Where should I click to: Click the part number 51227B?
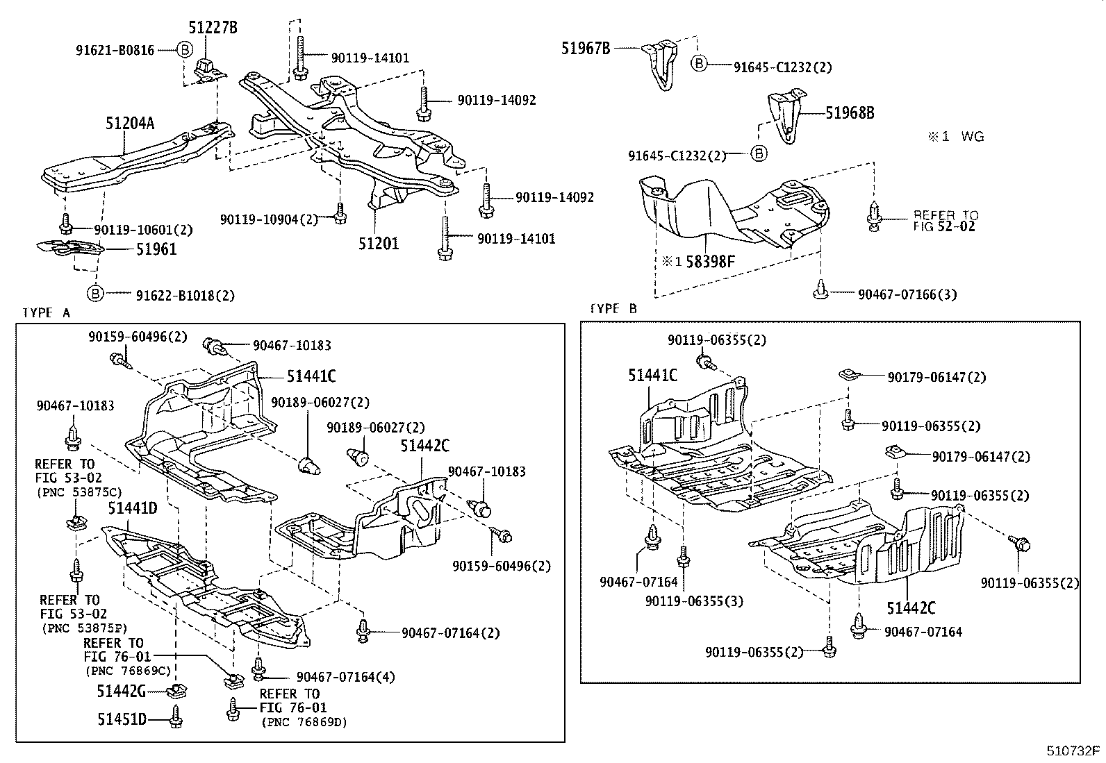(213, 28)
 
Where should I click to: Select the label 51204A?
(130, 124)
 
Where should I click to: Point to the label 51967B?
(586, 48)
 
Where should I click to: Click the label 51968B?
(850, 113)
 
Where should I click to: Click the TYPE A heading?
(47, 312)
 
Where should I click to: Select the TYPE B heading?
(613, 308)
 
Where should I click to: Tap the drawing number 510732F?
(1074, 751)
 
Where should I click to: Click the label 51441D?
(133, 509)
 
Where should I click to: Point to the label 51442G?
(122, 691)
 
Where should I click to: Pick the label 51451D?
(122, 719)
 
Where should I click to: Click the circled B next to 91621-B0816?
(184, 50)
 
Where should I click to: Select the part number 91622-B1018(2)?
(185, 295)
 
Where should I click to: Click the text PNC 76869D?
(304, 722)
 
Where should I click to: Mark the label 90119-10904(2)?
(269, 219)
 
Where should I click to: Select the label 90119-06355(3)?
(693, 601)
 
